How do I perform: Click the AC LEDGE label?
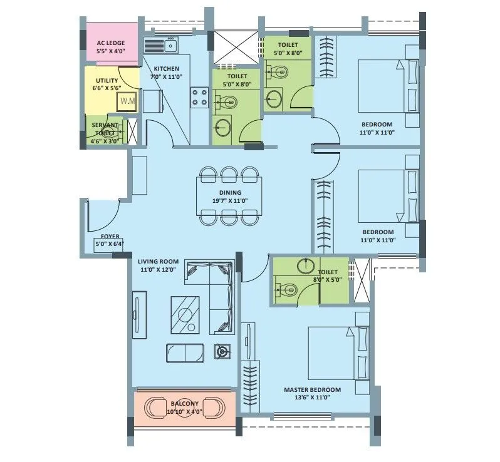tap(110, 43)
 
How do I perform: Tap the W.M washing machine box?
tap(127, 101)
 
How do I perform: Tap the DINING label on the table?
tap(229, 193)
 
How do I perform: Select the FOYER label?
tap(110, 237)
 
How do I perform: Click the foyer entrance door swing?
tap(100, 217)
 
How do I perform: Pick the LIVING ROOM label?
tap(159, 261)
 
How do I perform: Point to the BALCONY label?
tap(184, 404)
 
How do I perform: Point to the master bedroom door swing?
tap(253, 270)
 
